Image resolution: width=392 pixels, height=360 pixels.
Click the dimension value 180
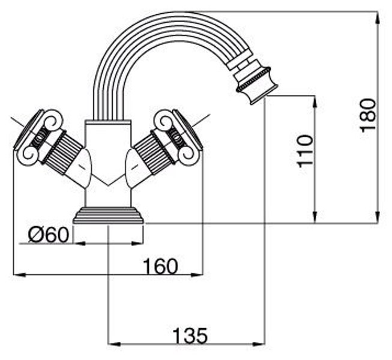tap(368, 113)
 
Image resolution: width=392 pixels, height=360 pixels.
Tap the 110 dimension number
tap(306, 151)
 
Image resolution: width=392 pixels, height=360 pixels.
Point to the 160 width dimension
tap(160, 265)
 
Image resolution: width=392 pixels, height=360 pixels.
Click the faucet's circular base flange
tap(109, 215)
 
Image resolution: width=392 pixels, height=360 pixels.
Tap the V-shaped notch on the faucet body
tap(109, 183)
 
